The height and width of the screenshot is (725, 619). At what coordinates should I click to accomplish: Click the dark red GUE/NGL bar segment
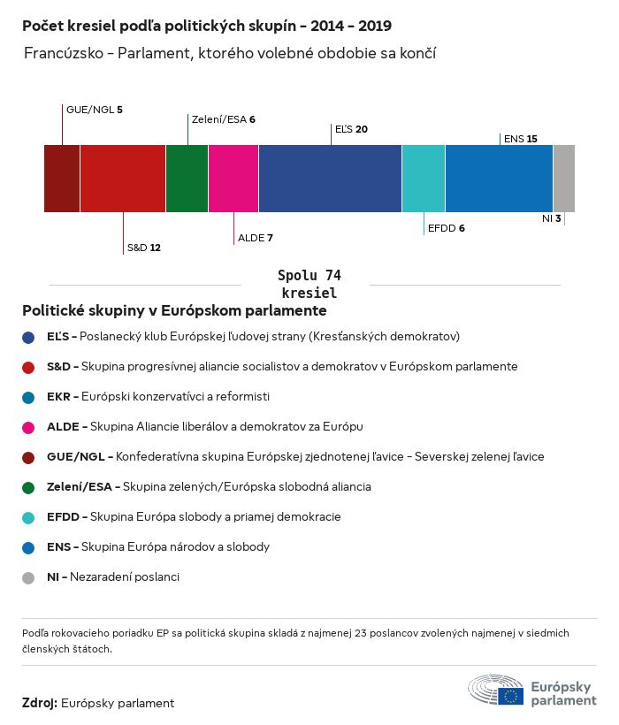click(x=62, y=179)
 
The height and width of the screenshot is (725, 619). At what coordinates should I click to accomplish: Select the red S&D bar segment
click(x=123, y=179)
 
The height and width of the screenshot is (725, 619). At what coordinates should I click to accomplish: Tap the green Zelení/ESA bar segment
click(x=187, y=179)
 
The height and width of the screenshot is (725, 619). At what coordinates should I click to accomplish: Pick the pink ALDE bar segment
click(x=233, y=179)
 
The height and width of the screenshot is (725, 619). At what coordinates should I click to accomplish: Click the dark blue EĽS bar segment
click(x=330, y=179)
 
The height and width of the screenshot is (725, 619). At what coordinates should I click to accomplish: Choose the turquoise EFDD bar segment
click(x=424, y=179)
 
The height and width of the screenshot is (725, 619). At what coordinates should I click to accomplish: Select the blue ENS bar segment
click(x=499, y=179)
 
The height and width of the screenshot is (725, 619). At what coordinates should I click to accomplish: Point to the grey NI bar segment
click(x=563, y=179)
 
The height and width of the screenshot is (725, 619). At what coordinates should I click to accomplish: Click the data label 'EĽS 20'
click(x=351, y=129)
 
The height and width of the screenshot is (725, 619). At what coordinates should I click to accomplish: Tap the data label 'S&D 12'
click(x=143, y=248)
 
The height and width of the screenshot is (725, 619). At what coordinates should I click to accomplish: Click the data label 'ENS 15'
click(x=520, y=139)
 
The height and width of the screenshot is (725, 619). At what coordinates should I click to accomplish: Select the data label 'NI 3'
click(x=551, y=218)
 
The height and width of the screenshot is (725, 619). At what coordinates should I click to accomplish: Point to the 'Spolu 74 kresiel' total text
click(x=309, y=284)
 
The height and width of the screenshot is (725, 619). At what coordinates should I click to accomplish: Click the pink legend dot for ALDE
click(x=29, y=427)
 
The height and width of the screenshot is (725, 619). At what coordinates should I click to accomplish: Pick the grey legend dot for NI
click(x=29, y=577)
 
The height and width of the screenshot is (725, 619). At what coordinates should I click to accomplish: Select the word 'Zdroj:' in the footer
click(x=40, y=703)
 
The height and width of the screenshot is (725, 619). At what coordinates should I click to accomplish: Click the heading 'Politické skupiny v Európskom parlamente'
click(x=174, y=311)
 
